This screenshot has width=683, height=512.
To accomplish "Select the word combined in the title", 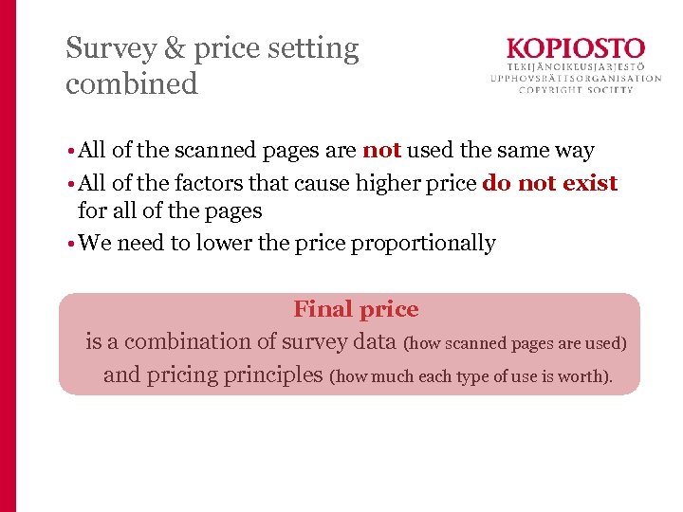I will (x=132, y=83).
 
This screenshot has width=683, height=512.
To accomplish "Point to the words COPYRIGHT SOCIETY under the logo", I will (x=577, y=90).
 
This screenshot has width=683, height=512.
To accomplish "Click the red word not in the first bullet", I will (x=381, y=150).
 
